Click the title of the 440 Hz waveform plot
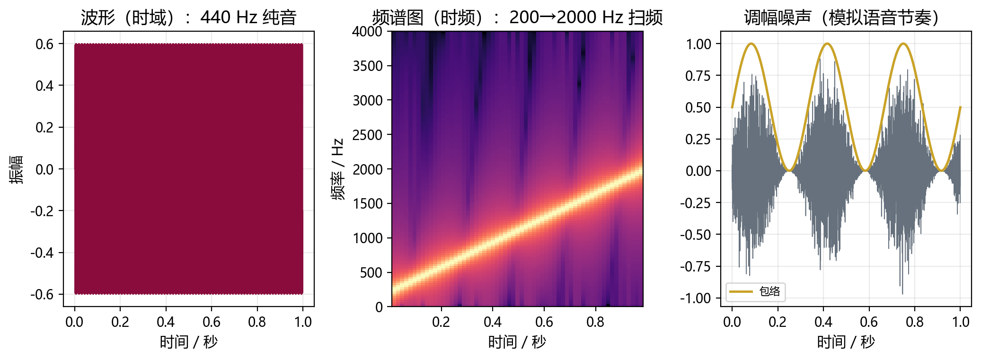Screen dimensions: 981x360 coord(188,18)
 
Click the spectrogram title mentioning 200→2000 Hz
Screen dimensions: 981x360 coord(517,18)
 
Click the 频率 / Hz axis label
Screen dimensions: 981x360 coord(337,169)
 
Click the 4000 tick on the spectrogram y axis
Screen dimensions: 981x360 coord(367,32)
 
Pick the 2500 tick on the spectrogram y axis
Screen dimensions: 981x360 coord(367,135)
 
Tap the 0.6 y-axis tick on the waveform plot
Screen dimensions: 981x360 coord(44,44)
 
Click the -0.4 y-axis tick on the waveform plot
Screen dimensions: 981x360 coord(42,253)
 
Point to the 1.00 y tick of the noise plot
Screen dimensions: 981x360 coord(699,44)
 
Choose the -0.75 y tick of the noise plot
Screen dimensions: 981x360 coord(696,267)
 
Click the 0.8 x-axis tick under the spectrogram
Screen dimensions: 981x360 coord(595,322)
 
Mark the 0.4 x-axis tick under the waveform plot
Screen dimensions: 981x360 coord(166,322)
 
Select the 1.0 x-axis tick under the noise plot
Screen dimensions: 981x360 coord(960,322)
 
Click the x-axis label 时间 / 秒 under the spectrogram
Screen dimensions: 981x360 coord(517,342)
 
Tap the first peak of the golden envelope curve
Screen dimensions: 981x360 coord(751,44)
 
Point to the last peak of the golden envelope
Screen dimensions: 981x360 coord(903,44)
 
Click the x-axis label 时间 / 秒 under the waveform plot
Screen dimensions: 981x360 coord(188,342)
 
